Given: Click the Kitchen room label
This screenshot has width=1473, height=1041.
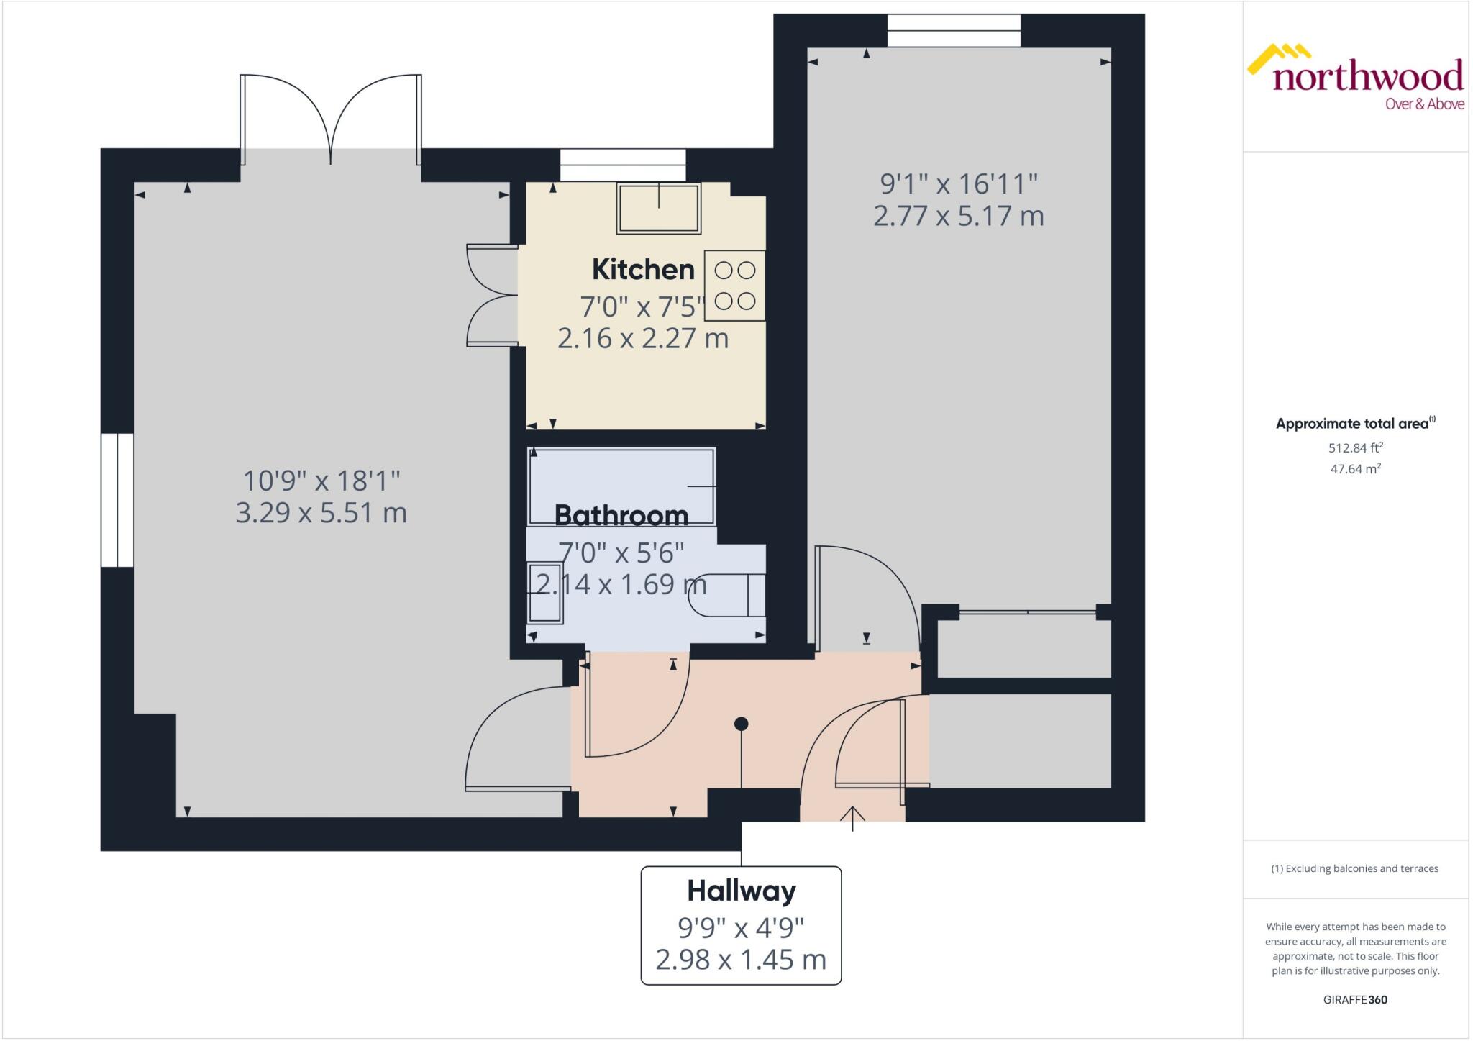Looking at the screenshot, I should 643,270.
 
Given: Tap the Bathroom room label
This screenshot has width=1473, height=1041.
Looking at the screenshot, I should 621,515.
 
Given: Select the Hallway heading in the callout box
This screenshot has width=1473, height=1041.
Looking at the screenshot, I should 741,891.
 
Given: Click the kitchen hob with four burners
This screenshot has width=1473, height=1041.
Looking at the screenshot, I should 734,286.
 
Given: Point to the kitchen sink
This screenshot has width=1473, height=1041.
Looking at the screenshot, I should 658,208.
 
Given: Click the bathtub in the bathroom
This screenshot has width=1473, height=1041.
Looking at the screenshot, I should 621,486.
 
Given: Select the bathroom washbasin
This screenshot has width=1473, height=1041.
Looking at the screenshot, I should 545,593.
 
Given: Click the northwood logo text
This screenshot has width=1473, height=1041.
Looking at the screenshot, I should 1367,76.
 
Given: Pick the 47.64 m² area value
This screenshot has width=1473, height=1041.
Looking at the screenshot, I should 1355,469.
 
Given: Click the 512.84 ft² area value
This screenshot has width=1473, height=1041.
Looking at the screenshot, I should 1355,447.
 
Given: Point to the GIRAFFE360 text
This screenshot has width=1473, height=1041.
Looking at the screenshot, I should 1355,999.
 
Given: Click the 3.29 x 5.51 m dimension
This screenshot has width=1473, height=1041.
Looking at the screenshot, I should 321,513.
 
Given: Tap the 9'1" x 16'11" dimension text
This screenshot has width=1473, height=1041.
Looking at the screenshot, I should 959,184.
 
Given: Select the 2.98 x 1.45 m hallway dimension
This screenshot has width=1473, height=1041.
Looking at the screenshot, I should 741,959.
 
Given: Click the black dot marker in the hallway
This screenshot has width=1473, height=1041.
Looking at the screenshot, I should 741,724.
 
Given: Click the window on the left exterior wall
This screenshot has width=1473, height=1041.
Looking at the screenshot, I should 117,500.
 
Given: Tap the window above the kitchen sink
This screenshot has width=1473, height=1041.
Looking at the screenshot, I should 623,165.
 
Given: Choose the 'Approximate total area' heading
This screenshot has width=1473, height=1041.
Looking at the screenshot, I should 1352,424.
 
